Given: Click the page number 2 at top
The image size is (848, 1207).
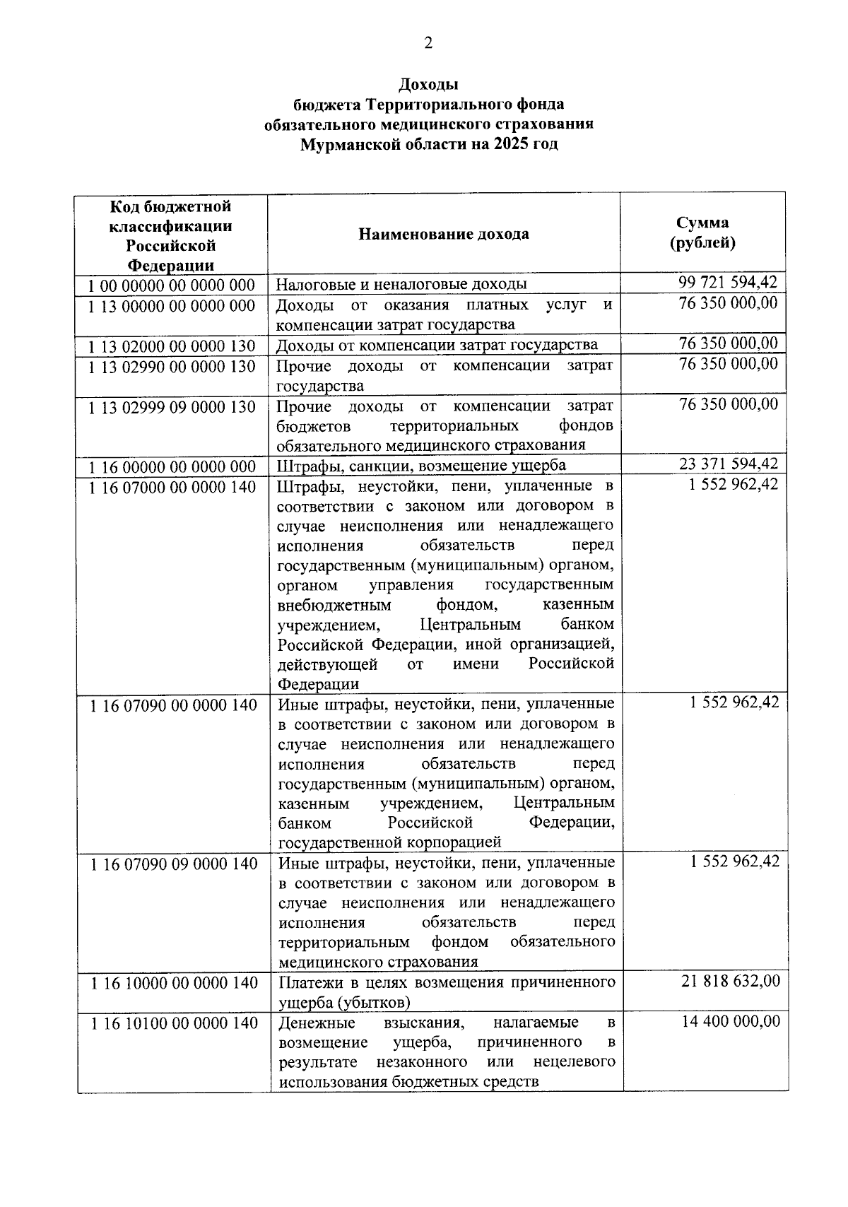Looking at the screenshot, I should click(428, 43).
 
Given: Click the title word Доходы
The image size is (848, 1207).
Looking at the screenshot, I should click(429, 85).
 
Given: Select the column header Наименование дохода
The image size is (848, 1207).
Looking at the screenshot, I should click(443, 234).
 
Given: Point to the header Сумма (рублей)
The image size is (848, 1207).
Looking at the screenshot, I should click(702, 233).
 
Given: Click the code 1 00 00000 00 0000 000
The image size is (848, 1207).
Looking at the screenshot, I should click(172, 285).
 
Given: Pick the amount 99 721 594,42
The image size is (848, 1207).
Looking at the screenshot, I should click(728, 283).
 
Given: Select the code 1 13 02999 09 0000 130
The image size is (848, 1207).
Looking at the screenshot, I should click(172, 407).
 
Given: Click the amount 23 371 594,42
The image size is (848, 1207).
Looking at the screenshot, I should click(728, 464).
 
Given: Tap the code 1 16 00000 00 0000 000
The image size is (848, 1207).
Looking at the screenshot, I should click(172, 466).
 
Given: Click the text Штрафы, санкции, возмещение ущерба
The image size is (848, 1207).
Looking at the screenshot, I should click(420, 465).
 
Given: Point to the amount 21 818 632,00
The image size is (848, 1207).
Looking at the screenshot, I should click(731, 981).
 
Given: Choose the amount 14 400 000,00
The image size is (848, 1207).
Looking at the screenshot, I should click(731, 1021).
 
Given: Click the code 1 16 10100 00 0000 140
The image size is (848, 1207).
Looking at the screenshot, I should click(174, 1023).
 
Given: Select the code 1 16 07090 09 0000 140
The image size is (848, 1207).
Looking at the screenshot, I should click(174, 864).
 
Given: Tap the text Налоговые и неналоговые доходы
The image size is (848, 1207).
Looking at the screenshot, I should click(401, 285).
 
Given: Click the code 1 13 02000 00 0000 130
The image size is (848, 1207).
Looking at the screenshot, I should click(172, 346).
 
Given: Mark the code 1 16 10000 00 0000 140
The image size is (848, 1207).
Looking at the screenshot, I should click(174, 983).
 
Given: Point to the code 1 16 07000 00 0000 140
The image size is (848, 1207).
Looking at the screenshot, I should click(172, 487).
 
